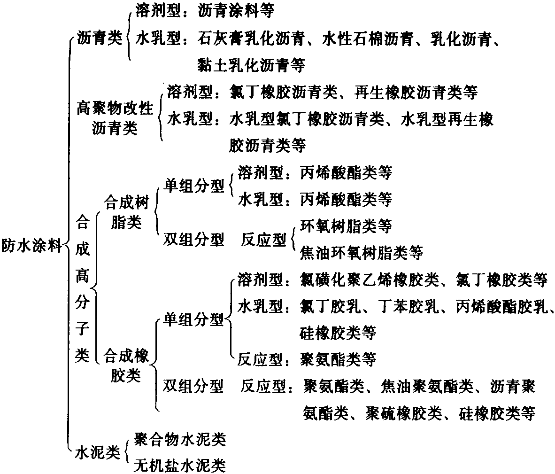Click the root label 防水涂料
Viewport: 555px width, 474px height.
tap(31, 245)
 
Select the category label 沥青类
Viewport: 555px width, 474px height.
tap(100, 38)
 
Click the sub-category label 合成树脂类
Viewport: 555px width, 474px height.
tap(126, 212)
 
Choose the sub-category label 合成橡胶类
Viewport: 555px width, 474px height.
tap(126, 365)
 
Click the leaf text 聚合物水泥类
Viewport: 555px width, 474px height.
tap(180, 440)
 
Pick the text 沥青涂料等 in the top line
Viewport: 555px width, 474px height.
tap(236, 11)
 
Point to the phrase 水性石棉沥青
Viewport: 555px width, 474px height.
tap(368, 38)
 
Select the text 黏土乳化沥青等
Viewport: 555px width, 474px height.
tap(252, 65)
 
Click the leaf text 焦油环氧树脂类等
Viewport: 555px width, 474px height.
tap(362, 253)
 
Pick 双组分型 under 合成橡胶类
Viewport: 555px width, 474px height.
tap(193, 386)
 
